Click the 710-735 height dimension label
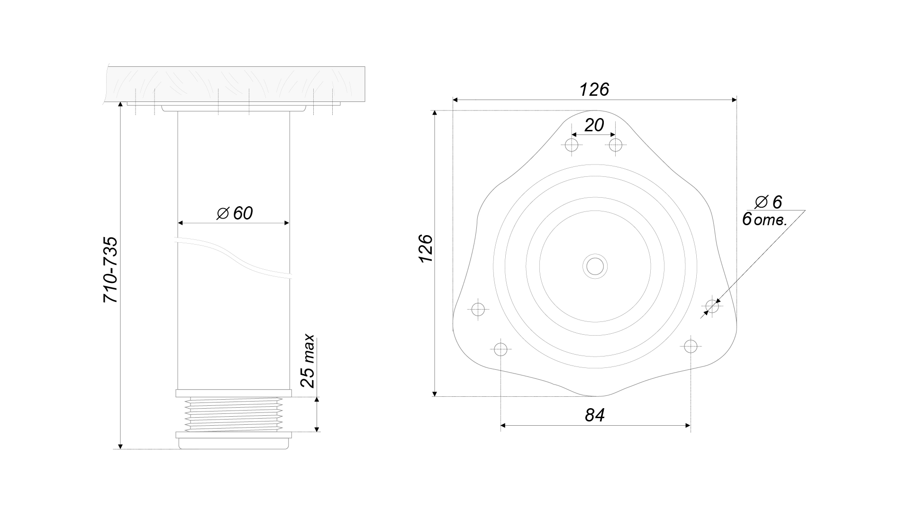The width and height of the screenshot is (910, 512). click(x=111, y=270)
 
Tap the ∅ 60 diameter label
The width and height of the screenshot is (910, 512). click(x=235, y=213)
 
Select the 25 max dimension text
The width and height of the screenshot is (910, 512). click(x=308, y=361)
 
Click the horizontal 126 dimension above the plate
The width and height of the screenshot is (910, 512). click(x=594, y=90)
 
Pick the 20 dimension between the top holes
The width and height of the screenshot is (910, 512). click(x=594, y=126)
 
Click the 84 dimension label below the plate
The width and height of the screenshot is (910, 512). click(x=595, y=415)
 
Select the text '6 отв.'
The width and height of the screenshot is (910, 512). click(x=764, y=219)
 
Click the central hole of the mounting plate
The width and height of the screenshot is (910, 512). click(x=595, y=266)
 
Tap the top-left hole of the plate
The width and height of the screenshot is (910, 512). click(x=572, y=145)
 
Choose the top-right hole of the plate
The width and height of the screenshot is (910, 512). click(x=616, y=145)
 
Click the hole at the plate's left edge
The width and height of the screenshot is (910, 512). click(x=479, y=310)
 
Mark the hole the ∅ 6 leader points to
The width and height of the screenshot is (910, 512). click(x=712, y=306)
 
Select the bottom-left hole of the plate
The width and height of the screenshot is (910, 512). click(x=500, y=349)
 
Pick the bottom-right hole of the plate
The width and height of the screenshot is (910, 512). click(x=691, y=346)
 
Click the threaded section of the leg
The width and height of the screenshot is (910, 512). click(x=233, y=414)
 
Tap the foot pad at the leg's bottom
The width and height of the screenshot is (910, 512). click(x=233, y=440)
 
